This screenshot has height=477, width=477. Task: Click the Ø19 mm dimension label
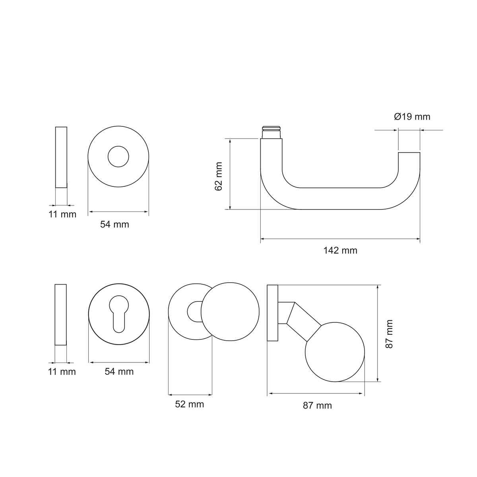pyautogui.click(x=412, y=116)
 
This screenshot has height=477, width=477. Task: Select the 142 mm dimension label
pyautogui.click(x=340, y=250)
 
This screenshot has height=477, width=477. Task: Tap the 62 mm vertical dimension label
pyautogui.click(x=218, y=176)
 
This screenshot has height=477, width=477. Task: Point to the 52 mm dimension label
pyautogui.click(x=189, y=404)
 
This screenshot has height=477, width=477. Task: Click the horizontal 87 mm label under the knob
pyautogui.click(x=317, y=405)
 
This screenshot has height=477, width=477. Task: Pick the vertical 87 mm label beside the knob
pyautogui.click(x=390, y=334)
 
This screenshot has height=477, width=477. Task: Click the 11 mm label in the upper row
pyautogui.click(x=62, y=214)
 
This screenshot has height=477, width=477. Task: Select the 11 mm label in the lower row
pyautogui.click(x=62, y=372)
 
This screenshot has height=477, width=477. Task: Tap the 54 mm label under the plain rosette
pyautogui.click(x=114, y=225)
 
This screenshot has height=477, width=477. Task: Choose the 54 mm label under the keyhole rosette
pyautogui.click(x=119, y=372)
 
